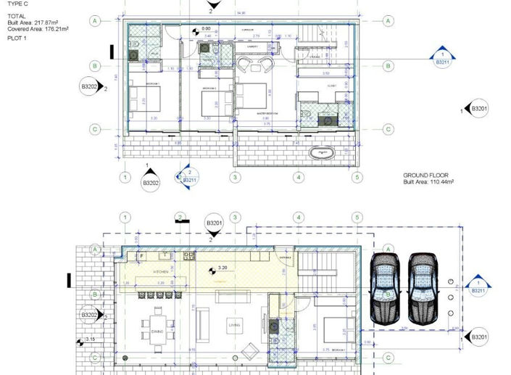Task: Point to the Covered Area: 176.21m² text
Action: click(37, 30)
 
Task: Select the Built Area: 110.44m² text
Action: click(428, 183)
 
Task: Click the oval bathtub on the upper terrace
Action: click(320, 153)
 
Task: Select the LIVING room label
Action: click(233, 324)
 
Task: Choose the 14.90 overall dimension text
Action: click(240, 12)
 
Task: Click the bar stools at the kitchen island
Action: click(154, 294)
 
